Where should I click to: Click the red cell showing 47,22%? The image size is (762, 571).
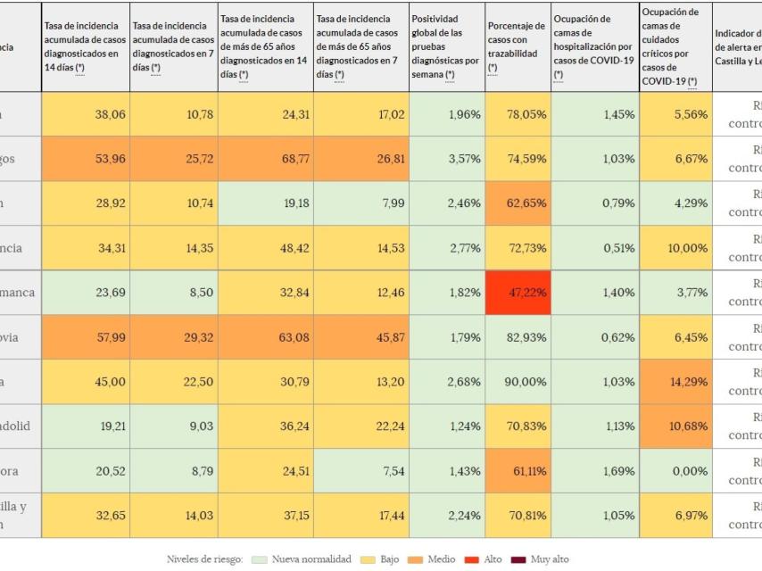518,293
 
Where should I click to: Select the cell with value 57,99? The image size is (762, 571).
85,337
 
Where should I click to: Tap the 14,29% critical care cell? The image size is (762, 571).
675,382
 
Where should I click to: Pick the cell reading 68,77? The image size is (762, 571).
266,159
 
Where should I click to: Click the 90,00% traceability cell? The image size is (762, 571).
518,382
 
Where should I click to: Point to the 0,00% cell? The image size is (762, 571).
675,471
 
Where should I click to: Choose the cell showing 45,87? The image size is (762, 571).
361,337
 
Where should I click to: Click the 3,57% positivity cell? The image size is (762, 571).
448,159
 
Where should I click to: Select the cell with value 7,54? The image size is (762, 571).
361,471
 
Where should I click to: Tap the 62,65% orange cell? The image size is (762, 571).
518,203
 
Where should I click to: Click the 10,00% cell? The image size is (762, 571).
675,248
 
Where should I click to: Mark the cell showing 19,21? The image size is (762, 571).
85,426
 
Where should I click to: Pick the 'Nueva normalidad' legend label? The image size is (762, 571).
311,559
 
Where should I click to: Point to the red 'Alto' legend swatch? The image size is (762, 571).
470,559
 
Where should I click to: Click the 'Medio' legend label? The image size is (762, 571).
441,559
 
